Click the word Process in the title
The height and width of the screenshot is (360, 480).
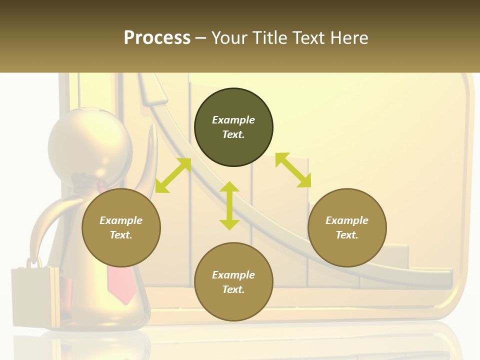[157, 38]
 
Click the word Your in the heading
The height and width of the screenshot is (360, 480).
[230, 38]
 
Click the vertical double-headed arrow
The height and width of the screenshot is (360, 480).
[229, 205]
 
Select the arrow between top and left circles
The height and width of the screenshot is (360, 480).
[173, 175]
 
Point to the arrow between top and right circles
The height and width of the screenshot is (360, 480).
[293, 170]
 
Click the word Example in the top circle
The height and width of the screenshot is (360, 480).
[233, 120]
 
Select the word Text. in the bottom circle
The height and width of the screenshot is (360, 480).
[233, 289]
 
